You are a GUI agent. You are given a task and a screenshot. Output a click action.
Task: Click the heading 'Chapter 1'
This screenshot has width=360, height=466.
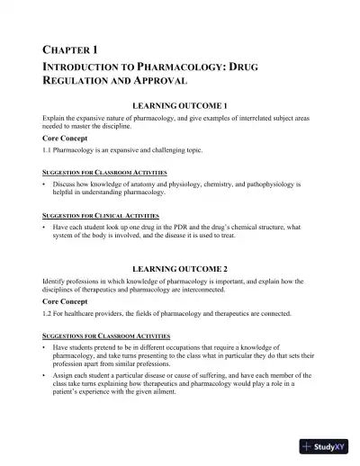click(70, 49)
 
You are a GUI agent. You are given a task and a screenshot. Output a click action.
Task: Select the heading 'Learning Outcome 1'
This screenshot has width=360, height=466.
click(180, 106)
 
